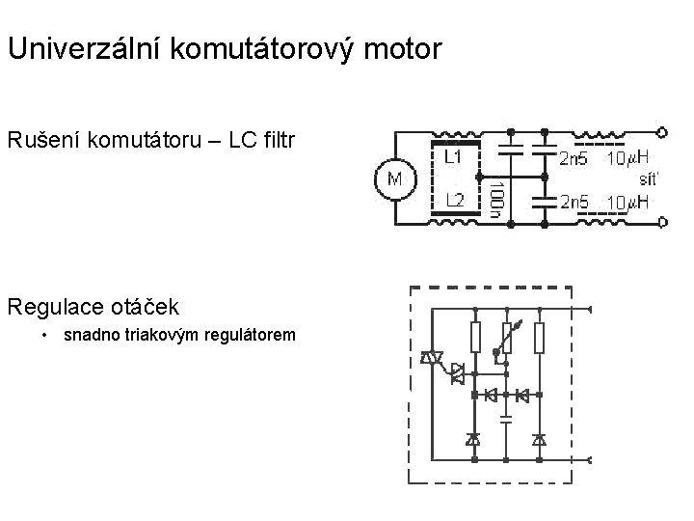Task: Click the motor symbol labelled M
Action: click(394, 180)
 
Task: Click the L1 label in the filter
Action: click(454, 155)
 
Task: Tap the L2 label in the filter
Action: click(454, 201)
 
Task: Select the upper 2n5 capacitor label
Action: click(575, 158)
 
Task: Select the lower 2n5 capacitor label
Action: click(575, 203)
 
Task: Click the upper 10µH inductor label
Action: click(627, 158)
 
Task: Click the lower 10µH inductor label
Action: click(627, 203)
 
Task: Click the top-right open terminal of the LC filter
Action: click(661, 130)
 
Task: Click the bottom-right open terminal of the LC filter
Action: click(661, 223)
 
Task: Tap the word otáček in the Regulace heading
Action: click(147, 308)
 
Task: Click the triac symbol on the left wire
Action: click(430, 359)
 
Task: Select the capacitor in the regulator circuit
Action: click(506, 418)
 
